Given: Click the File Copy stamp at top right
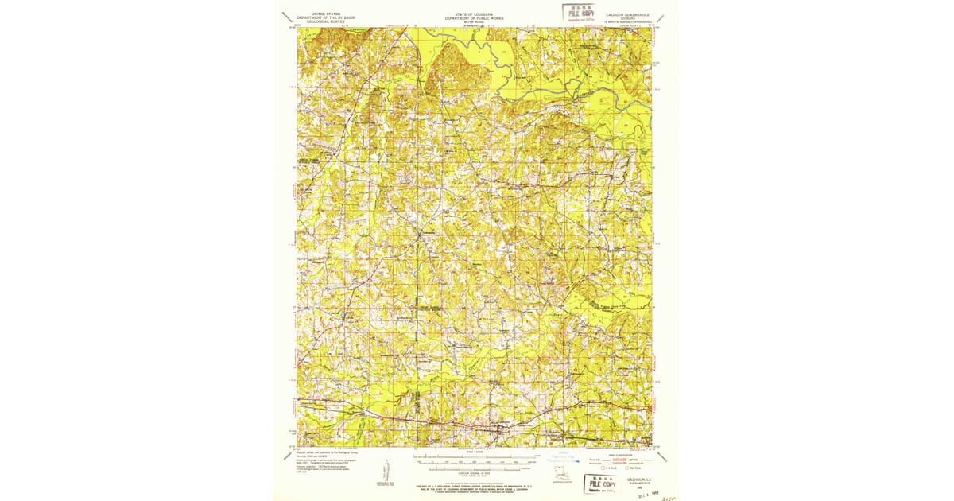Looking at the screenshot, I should [580, 13].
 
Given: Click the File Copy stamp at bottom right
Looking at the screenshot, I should [601, 484].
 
